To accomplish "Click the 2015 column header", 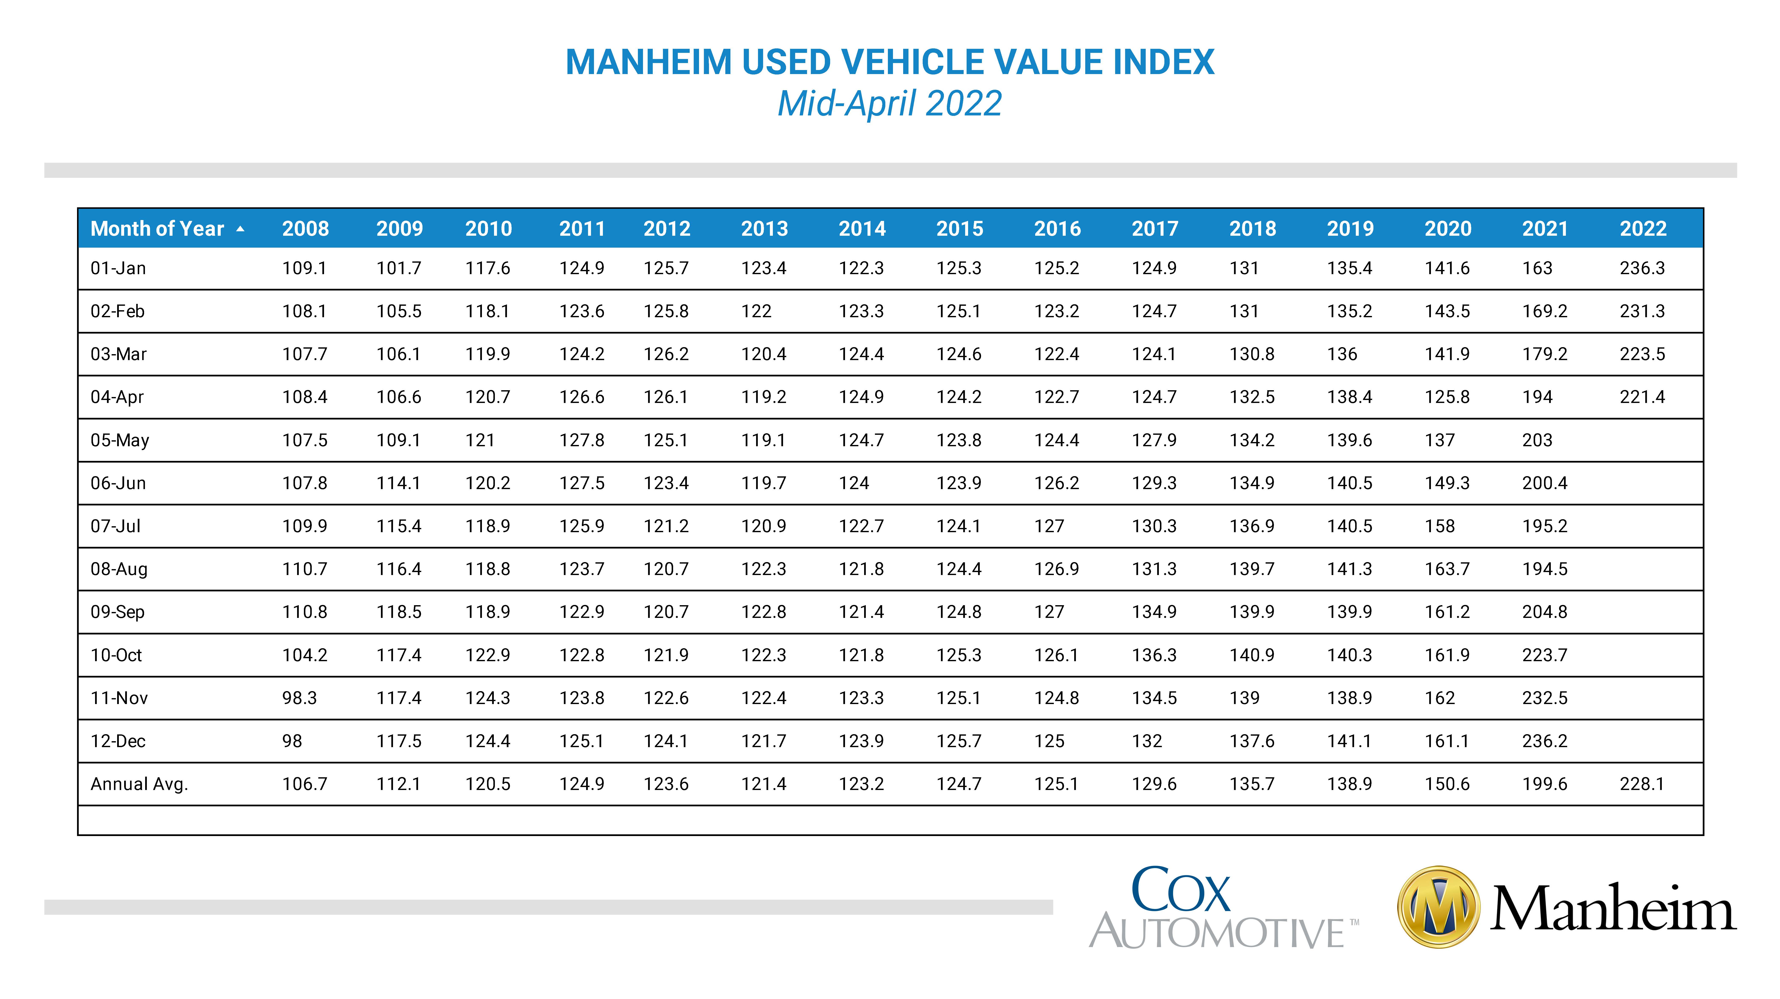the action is (x=960, y=229).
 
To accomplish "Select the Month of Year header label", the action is (x=157, y=229).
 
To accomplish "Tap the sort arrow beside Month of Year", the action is (x=240, y=229).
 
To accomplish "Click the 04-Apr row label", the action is (x=117, y=397).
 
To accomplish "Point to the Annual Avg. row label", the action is (x=139, y=784).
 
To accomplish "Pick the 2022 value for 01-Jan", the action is (x=1642, y=268).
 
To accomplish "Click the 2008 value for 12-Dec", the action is (x=292, y=741).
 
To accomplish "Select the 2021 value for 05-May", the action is (x=1537, y=440).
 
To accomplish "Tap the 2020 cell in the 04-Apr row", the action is (x=1447, y=397).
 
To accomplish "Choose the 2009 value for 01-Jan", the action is (x=399, y=268).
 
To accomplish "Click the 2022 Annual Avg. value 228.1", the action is (x=1642, y=784).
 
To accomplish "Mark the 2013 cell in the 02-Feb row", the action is (x=757, y=311).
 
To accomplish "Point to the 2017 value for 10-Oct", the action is (x=1154, y=655).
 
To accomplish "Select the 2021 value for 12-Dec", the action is (x=1545, y=741).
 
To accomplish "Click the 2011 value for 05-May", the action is (x=582, y=440).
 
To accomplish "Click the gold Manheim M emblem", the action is (x=1439, y=907).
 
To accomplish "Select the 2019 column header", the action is (x=1350, y=229).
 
